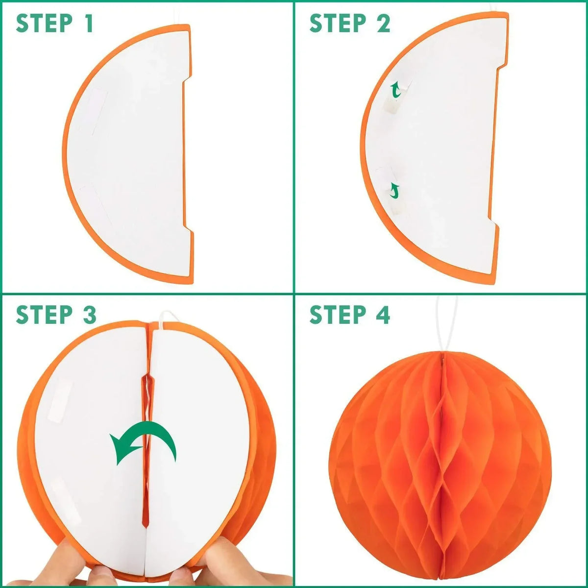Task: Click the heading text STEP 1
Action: pyautogui.click(x=54, y=23)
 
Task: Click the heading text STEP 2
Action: pyautogui.click(x=350, y=23)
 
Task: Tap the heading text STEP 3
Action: pyautogui.click(x=56, y=315)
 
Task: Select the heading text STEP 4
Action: pyautogui.click(x=350, y=315)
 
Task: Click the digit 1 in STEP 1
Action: pyautogui.click(x=89, y=23)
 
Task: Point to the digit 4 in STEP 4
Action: pyautogui.click(x=382, y=315)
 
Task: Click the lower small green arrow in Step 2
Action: pyautogui.click(x=395, y=191)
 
